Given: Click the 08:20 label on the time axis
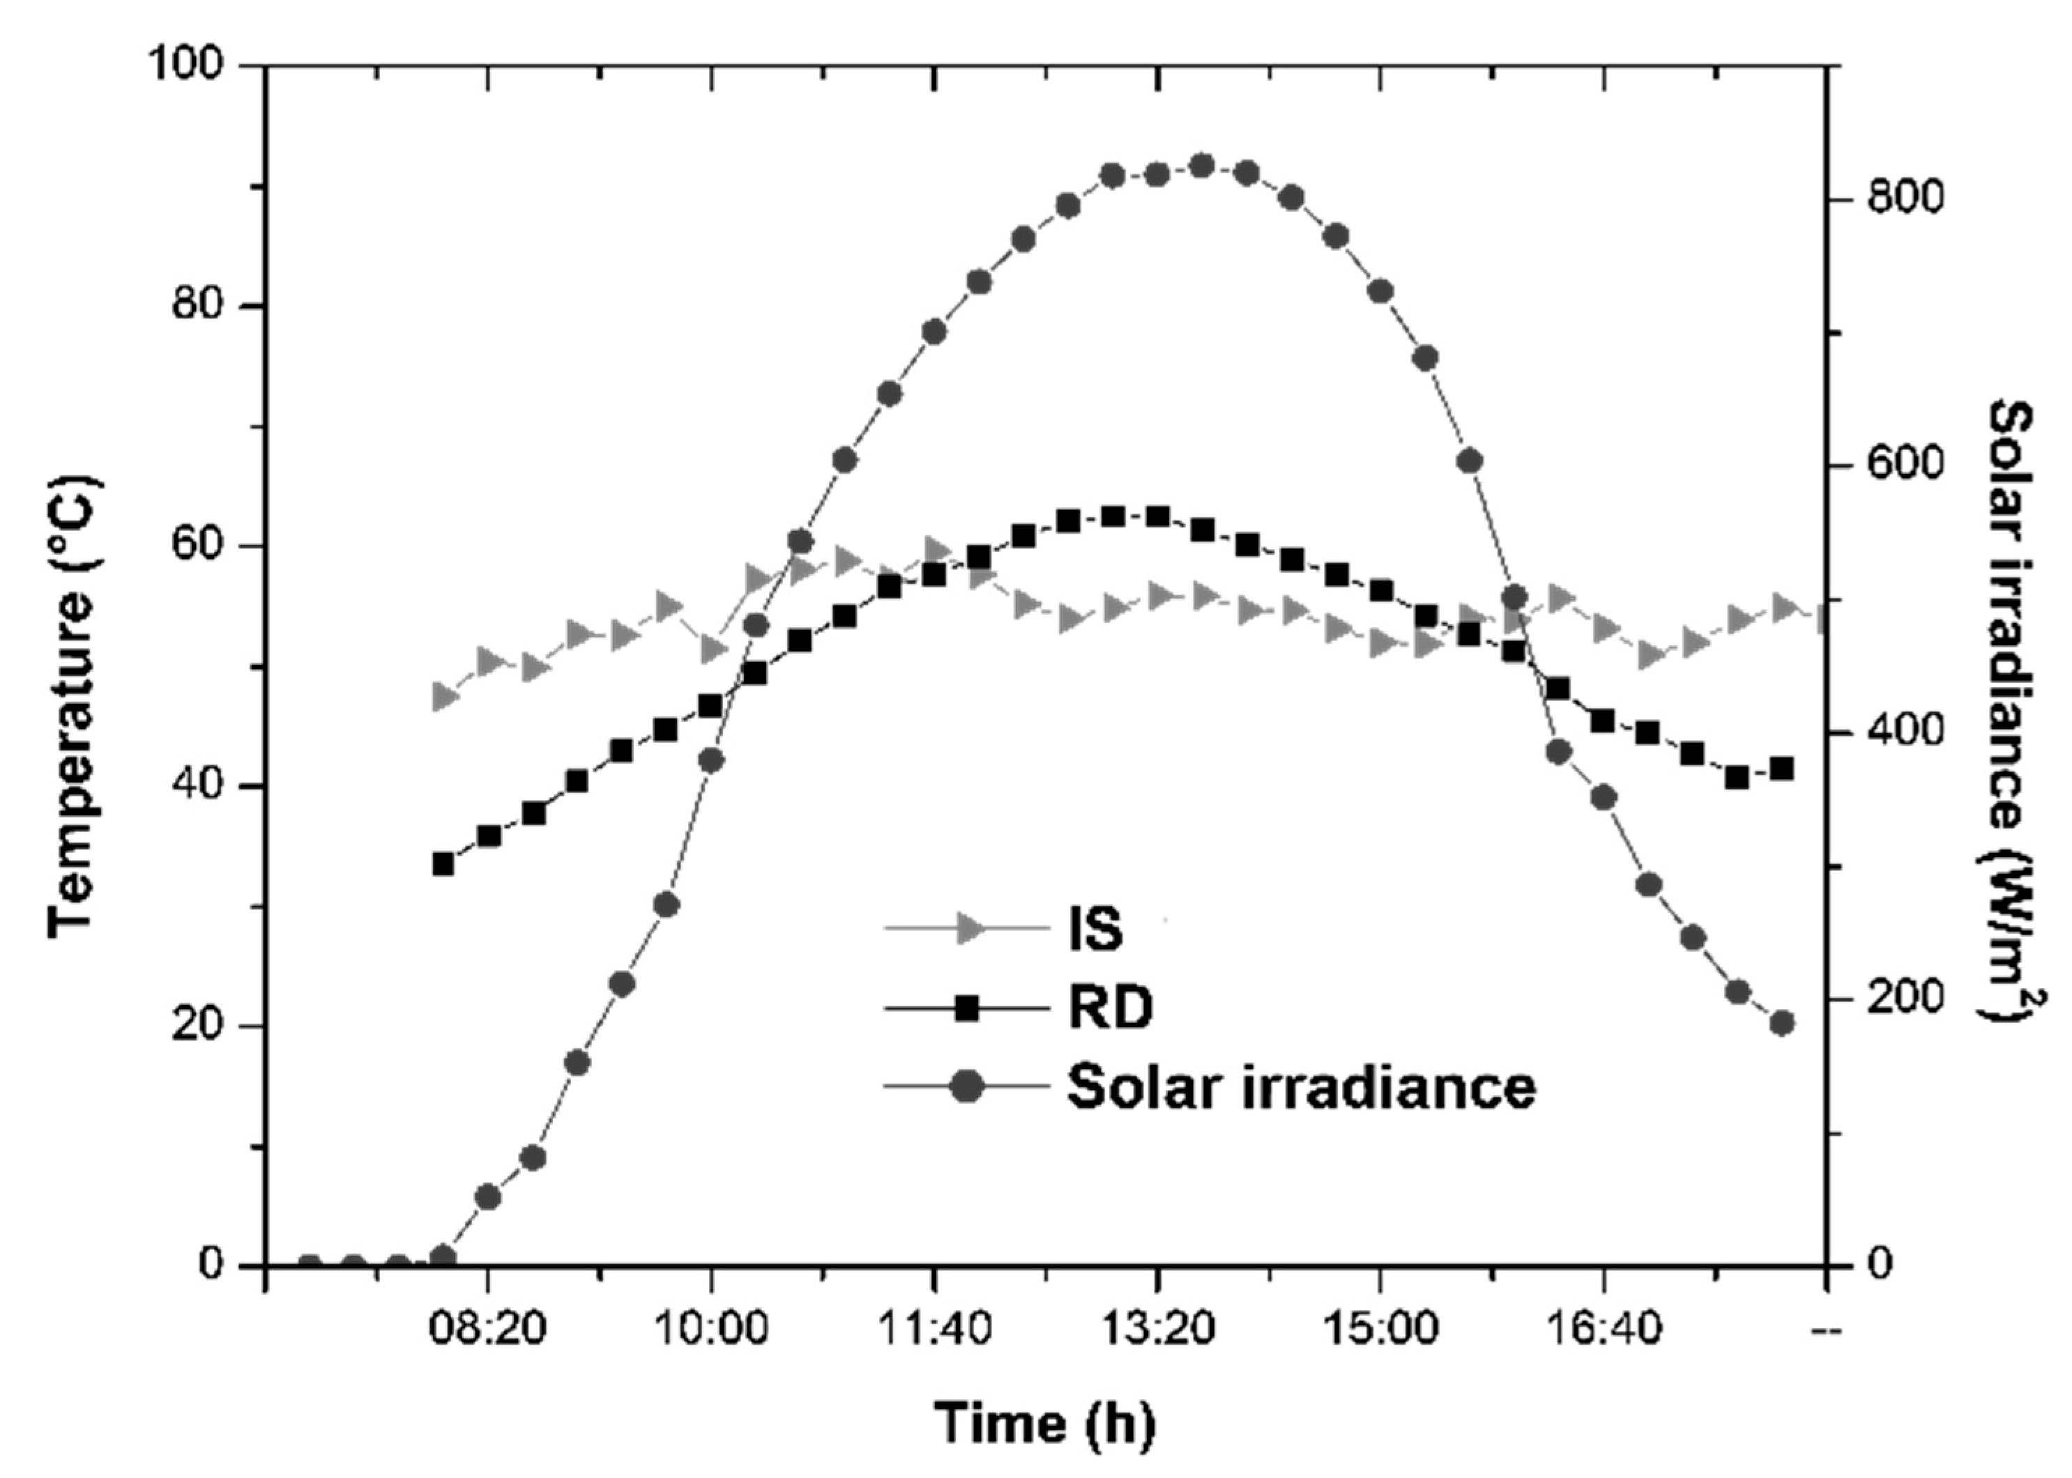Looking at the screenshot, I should click(x=488, y=1330).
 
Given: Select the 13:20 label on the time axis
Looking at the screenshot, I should click(x=1157, y=1330).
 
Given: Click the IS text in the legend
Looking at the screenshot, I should click(x=1095, y=930).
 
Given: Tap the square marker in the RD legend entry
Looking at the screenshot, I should click(x=968, y=1008).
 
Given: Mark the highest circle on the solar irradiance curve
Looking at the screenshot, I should click(x=1202, y=166).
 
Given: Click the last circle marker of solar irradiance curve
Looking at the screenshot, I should click(x=1781, y=1023).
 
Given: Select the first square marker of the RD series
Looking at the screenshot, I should click(x=443, y=863).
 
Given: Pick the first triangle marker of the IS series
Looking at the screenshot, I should click(x=444, y=697).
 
